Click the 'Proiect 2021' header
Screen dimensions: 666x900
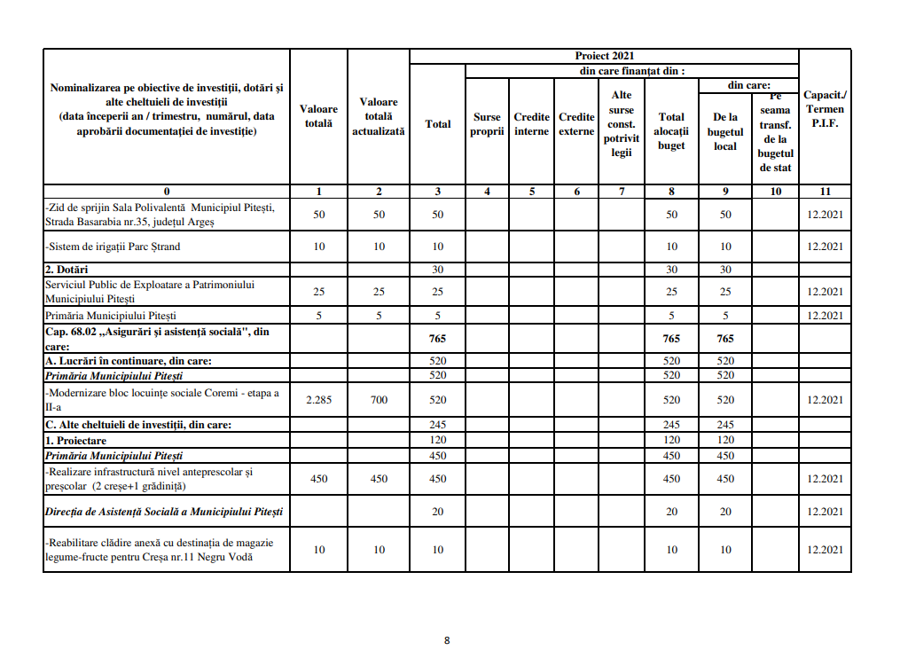pyautogui.click(x=604, y=56)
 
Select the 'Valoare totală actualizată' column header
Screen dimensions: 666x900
pyautogui.click(x=379, y=116)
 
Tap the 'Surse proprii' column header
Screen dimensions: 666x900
pyautogui.click(x=487, y=124)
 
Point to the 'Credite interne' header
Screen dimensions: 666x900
pyautogui.click(x=532, y=124)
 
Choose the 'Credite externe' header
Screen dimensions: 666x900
pyautogui.click(x=577, y=124)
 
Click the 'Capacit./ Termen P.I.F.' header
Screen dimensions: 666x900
pyautogui.click(x=825, y=109)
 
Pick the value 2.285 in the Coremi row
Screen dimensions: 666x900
pyautogui.click(x=319, y=400)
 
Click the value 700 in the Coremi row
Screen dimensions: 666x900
pyautogui.click(x=379, y=400)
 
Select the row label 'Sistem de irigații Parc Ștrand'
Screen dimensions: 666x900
pyautogui.click(x=113, y=247)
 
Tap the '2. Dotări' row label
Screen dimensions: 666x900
pyautogui.click(x=67, y=269)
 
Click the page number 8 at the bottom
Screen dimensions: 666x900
pyautogui.click(x=447, y=640)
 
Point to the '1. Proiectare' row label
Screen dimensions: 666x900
pyautogui.click(x=76, y=440)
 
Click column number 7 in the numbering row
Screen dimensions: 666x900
pyautogui.click(x=622, y=192)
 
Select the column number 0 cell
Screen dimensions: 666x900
pyautogui.click(x=167, y=192)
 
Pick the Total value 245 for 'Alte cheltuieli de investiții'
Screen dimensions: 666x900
pyautogui.click(x=438, y=425)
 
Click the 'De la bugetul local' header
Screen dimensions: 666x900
pyautogui.click(x=725, y=131)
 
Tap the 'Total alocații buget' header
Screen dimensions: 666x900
pyautogui.click(x=671, y=131)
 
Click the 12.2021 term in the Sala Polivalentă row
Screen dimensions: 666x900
pyautogui.click(x=825, y=215)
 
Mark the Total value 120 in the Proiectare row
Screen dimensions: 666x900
pyautogui.click(x=438, y=440)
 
